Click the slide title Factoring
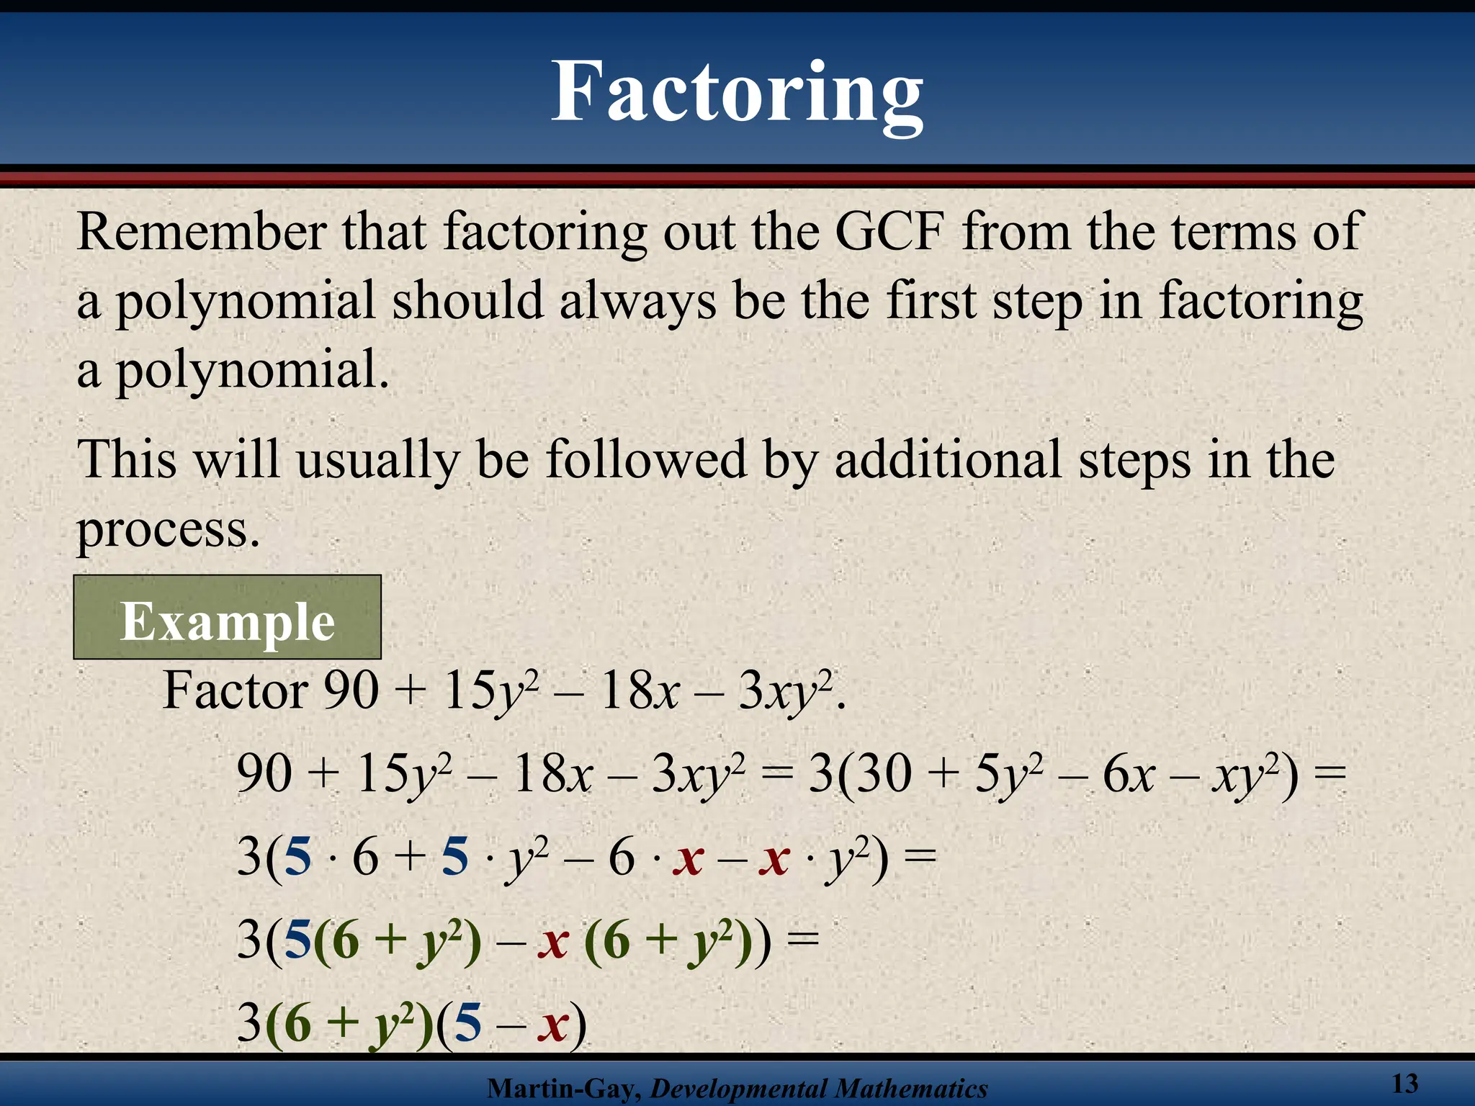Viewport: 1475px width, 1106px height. pos(737,93)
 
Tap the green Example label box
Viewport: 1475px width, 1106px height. pos(227,618)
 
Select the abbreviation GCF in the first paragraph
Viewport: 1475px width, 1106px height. pos(889,232)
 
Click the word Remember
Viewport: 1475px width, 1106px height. pos(202,232)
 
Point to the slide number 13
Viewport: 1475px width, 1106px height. pos(1404,1084)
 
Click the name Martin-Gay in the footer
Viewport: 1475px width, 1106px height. pos(562,1089)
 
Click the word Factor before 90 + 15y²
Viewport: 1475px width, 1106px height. pos(235,691)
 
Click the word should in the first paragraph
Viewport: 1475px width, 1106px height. pos(467,301)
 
